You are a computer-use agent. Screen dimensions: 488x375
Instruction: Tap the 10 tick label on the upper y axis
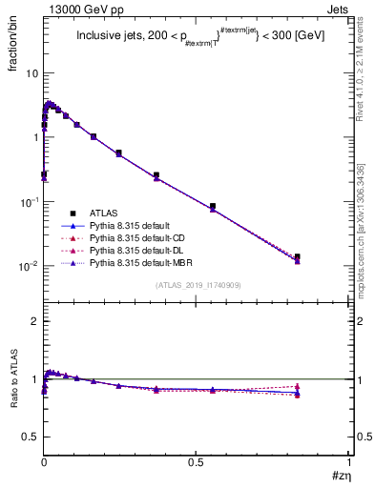[x=31, y=73]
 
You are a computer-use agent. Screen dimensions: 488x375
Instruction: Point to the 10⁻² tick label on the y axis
[x=29, y=266]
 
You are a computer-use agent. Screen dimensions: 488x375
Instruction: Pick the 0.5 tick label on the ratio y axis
[x=30, y=437]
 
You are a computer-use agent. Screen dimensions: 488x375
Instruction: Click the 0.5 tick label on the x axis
[x=197, y=463]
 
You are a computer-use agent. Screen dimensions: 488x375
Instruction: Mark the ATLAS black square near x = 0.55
[x=213, y=206]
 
